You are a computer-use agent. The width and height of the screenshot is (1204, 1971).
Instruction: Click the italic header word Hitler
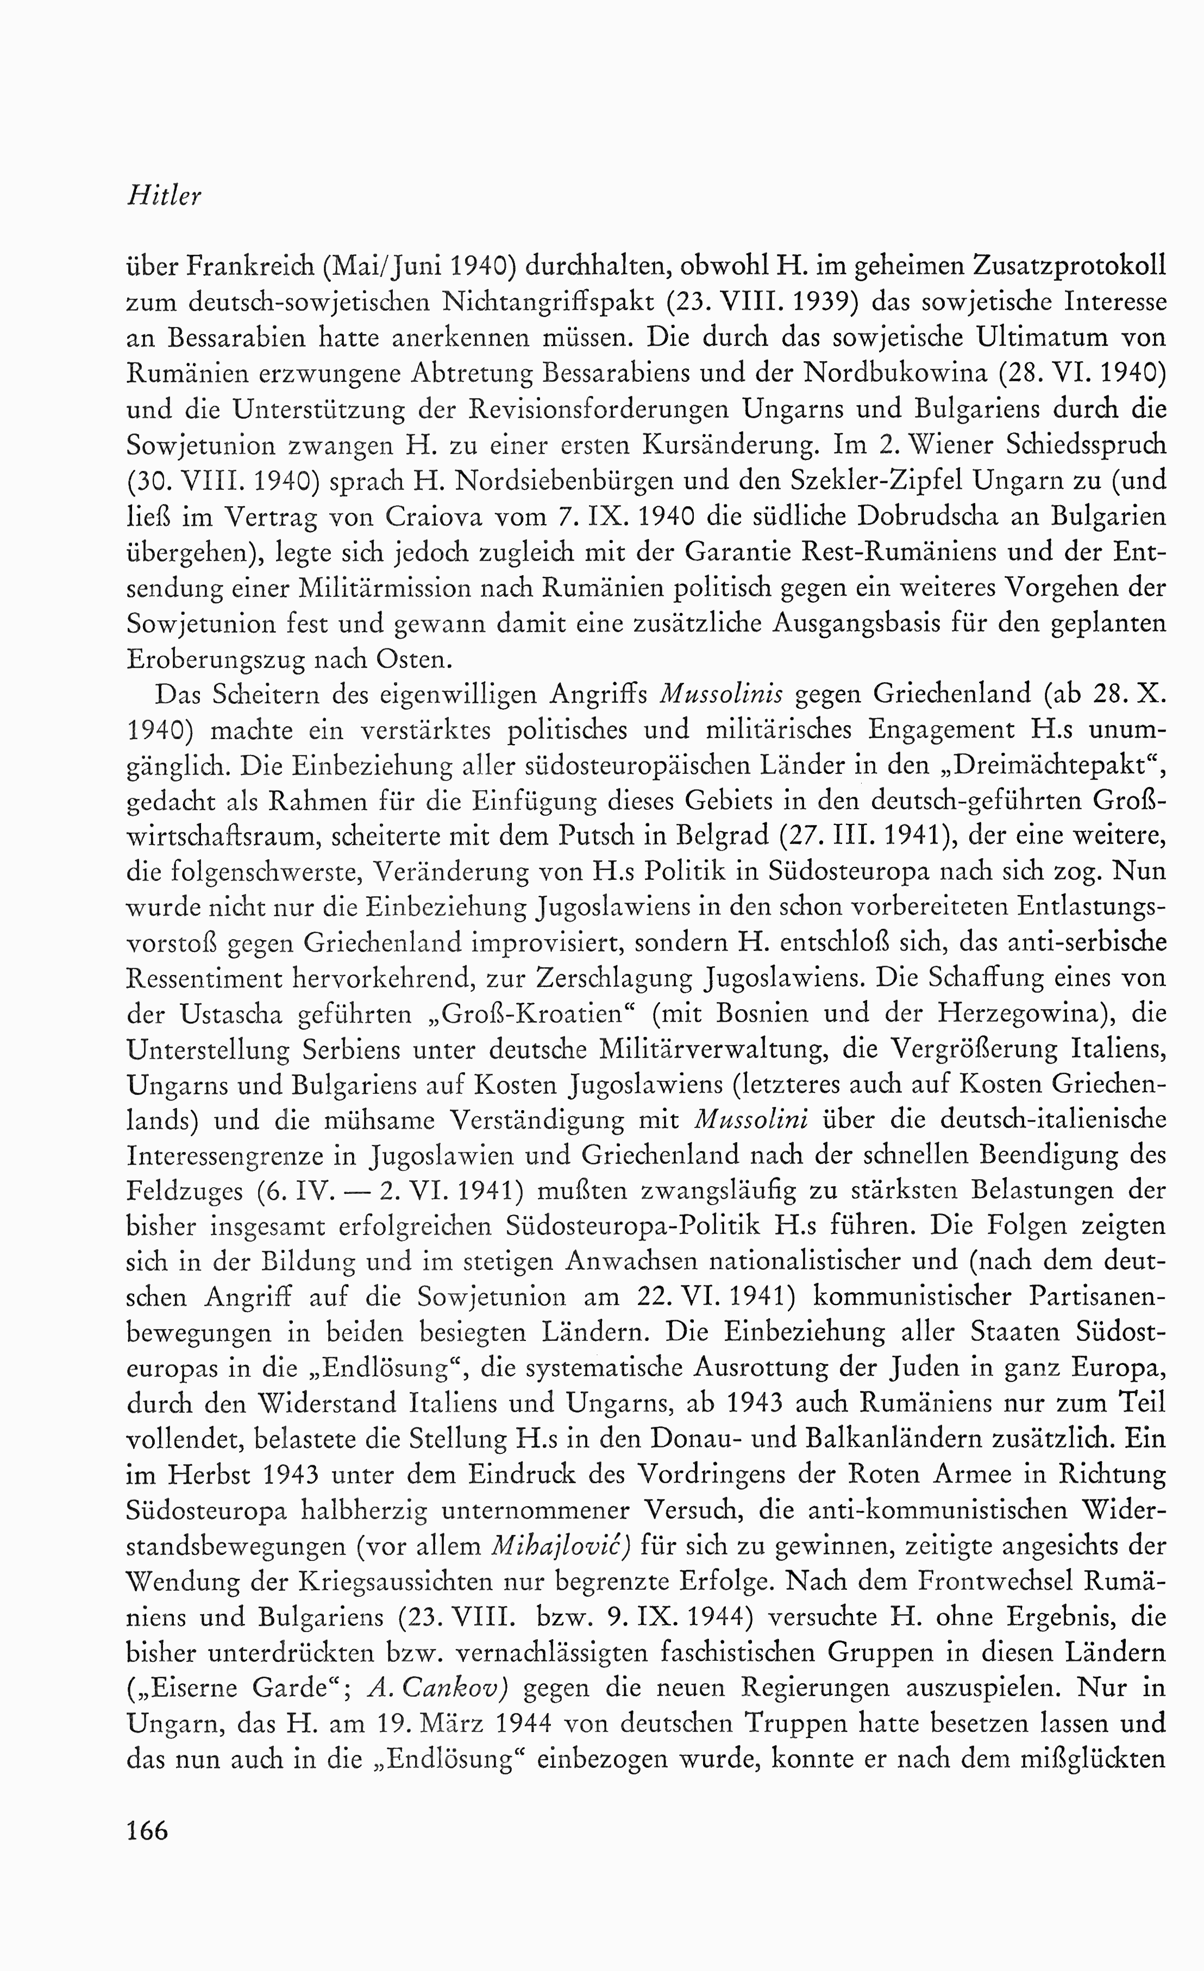point(164,197)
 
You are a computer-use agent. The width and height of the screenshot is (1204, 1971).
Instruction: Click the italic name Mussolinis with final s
point(720,694)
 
